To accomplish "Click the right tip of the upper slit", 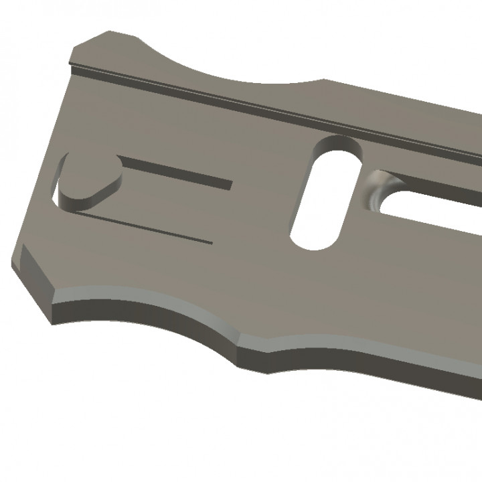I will pos(230,183).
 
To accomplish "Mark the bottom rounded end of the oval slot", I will pos(312,241).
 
